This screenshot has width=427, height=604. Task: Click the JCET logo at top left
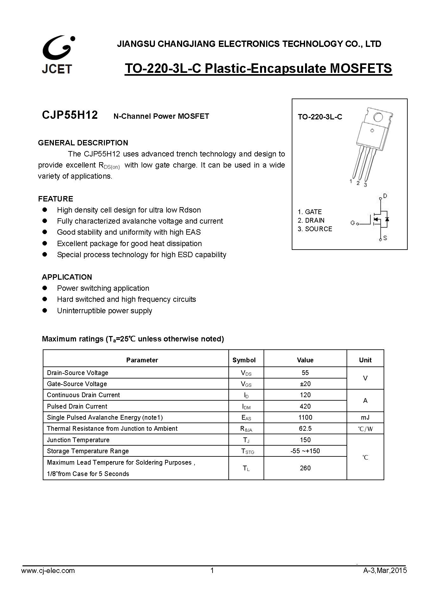(x=58, y=55)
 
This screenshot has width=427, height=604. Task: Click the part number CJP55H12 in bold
(x=70, y=115)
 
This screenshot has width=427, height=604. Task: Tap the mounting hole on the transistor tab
(x=378, y=117)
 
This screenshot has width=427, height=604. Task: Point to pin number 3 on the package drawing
(x=365, y=185)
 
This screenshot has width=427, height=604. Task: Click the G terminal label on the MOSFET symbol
(x=352, y=223)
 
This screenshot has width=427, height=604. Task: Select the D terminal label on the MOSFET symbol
(x=385, y=196)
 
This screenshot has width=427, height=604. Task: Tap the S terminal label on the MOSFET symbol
(x=385, y=238)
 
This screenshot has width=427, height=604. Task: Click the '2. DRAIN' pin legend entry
(x=311, y=220)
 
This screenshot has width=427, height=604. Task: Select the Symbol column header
(x=244, y=360)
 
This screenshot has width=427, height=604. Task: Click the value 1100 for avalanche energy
(x=305, y=417)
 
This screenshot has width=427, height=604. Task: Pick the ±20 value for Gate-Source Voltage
(x=305, y=384)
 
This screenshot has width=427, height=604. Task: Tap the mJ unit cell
(x=365, y=417)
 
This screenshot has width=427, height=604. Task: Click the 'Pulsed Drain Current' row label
(x=77, y=406)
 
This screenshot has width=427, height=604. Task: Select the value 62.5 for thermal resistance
(x=305, y=429)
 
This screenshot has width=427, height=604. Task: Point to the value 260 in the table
(x=305, y=468)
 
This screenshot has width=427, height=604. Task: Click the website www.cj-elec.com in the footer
(x=48, y=571)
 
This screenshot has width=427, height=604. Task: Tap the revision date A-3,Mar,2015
(x=385, y=571)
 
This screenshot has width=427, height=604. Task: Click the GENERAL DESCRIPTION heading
(x=83, y=143)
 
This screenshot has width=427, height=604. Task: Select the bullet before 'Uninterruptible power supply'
(x=45, y=310)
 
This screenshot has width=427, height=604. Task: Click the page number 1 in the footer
(x=212, y=571)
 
